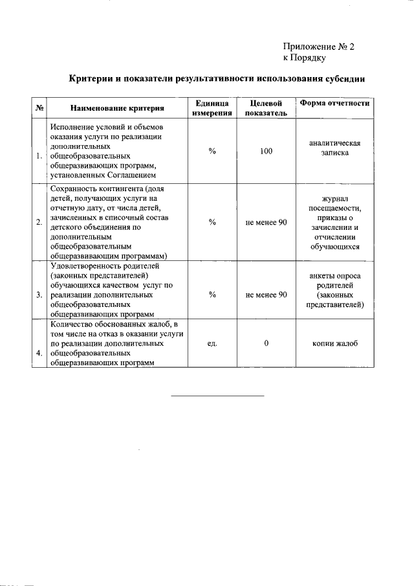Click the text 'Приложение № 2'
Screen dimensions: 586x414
click(319, 47)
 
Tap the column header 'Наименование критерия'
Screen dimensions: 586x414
click(117, 108)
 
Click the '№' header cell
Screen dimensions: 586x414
click(39, 108)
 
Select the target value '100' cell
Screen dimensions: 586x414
click(267, 151)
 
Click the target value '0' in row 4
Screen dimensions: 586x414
click(267, 343)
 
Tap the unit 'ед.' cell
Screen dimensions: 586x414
click(212, 343)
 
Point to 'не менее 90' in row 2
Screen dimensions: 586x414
click(267, 222)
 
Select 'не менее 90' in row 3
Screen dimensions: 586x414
click(267, 295)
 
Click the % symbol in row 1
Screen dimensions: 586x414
click(212, 151)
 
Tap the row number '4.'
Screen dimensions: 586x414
click(39, 354)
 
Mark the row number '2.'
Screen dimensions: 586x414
click(39, 222)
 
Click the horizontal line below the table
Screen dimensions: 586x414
click(217, 395)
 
